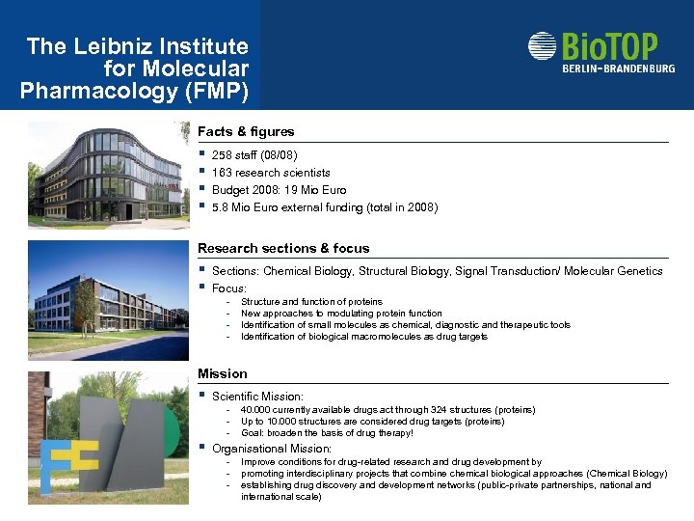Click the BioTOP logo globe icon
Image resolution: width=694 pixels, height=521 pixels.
pos(543,46)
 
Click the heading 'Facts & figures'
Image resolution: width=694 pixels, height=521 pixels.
pos(246,131)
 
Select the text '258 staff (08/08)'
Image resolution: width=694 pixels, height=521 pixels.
pos(254,155)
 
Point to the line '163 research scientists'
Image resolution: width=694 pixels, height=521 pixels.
pos(271,173)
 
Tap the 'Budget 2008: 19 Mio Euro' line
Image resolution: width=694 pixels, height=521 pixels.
pos(279,190)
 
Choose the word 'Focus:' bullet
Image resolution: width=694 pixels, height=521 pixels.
pos(229,288)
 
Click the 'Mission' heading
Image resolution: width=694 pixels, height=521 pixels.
pos(223,373)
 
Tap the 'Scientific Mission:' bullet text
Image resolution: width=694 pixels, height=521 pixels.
pos(257,397)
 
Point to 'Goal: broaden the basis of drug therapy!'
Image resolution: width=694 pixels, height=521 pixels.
pos(327,433)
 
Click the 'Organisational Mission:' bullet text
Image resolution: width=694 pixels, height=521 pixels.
pos(272,449)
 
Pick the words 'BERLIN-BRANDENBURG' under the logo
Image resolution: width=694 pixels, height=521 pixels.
pos(619,69)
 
